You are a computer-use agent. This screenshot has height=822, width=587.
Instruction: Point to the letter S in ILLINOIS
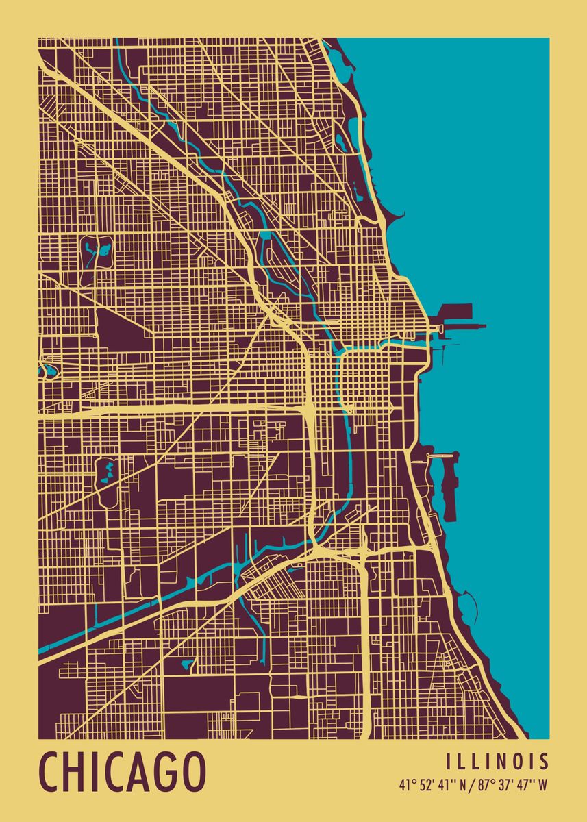(x=543, y=762)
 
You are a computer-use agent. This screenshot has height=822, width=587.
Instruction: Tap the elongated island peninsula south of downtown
(x=449, y=486)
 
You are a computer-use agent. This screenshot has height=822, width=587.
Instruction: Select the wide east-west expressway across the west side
(x=171, y=410)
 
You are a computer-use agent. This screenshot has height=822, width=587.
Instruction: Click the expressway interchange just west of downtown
(x=309, y=407)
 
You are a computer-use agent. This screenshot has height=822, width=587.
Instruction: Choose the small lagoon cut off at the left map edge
(x=46, y=370)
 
